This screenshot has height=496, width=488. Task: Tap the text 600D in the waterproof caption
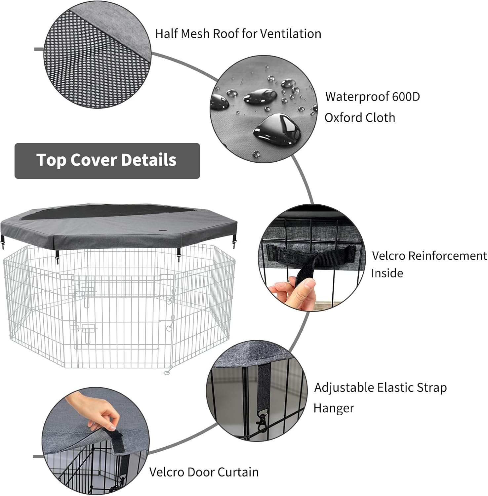pyautogui.click(x=406, y=97)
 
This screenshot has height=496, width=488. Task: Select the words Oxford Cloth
pyautogui.click(x=360, y=118)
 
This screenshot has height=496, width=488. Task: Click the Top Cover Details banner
pyautogui.click(x=107, y=161)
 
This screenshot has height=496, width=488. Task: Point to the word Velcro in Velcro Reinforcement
pyautogui.click(x=389, y=256)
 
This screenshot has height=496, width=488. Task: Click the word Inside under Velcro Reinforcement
pyautogui.click(x=387, y=273)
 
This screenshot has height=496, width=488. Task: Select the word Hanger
pyautogui.click(x=334, y=408)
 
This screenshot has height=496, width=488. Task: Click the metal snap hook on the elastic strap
pyautogui.click(x=262, y=423)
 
